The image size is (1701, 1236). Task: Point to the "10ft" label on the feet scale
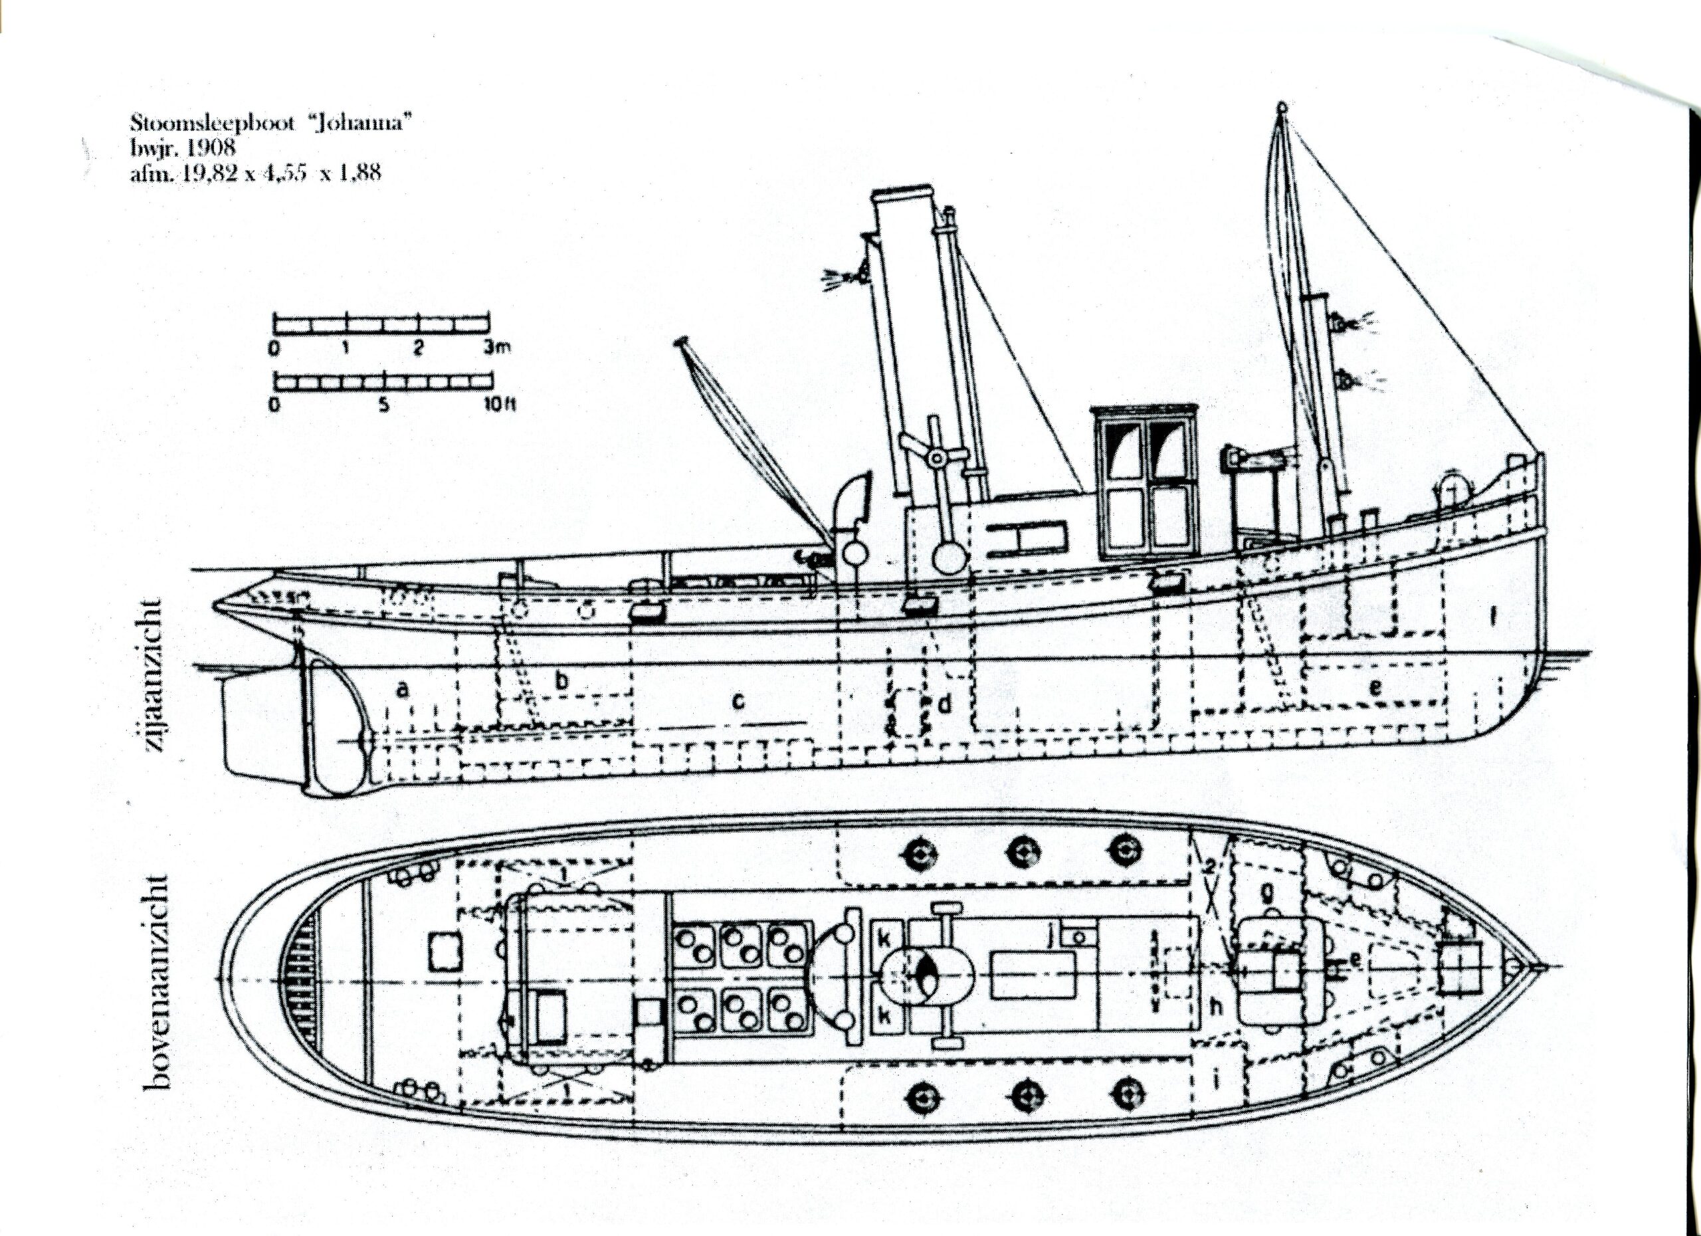(x=496, y=406)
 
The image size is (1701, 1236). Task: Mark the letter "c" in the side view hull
(x=739, y=701)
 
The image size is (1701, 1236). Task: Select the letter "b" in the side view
(x=563, y=680)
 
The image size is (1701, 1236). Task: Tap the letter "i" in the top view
(x=1217, y=1079)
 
